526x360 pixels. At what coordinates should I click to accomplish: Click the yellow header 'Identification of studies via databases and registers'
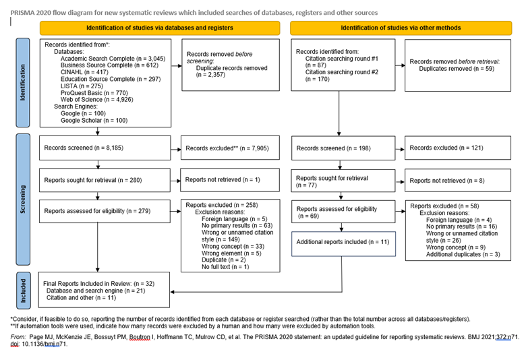point(159,28)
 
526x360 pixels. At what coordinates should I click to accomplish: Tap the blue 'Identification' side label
point(25,82)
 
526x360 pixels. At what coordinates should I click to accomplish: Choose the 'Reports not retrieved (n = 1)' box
point(230,180)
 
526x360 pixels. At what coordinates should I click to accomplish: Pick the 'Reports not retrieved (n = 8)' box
point(457,181)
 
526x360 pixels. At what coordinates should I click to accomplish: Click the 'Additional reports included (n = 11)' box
point(341,241)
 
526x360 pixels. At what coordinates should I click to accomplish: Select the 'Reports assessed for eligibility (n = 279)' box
point(103,211)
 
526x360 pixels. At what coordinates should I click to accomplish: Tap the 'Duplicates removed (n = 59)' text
point(456,68)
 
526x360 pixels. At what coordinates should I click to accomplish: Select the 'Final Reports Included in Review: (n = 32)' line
point(99,283)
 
